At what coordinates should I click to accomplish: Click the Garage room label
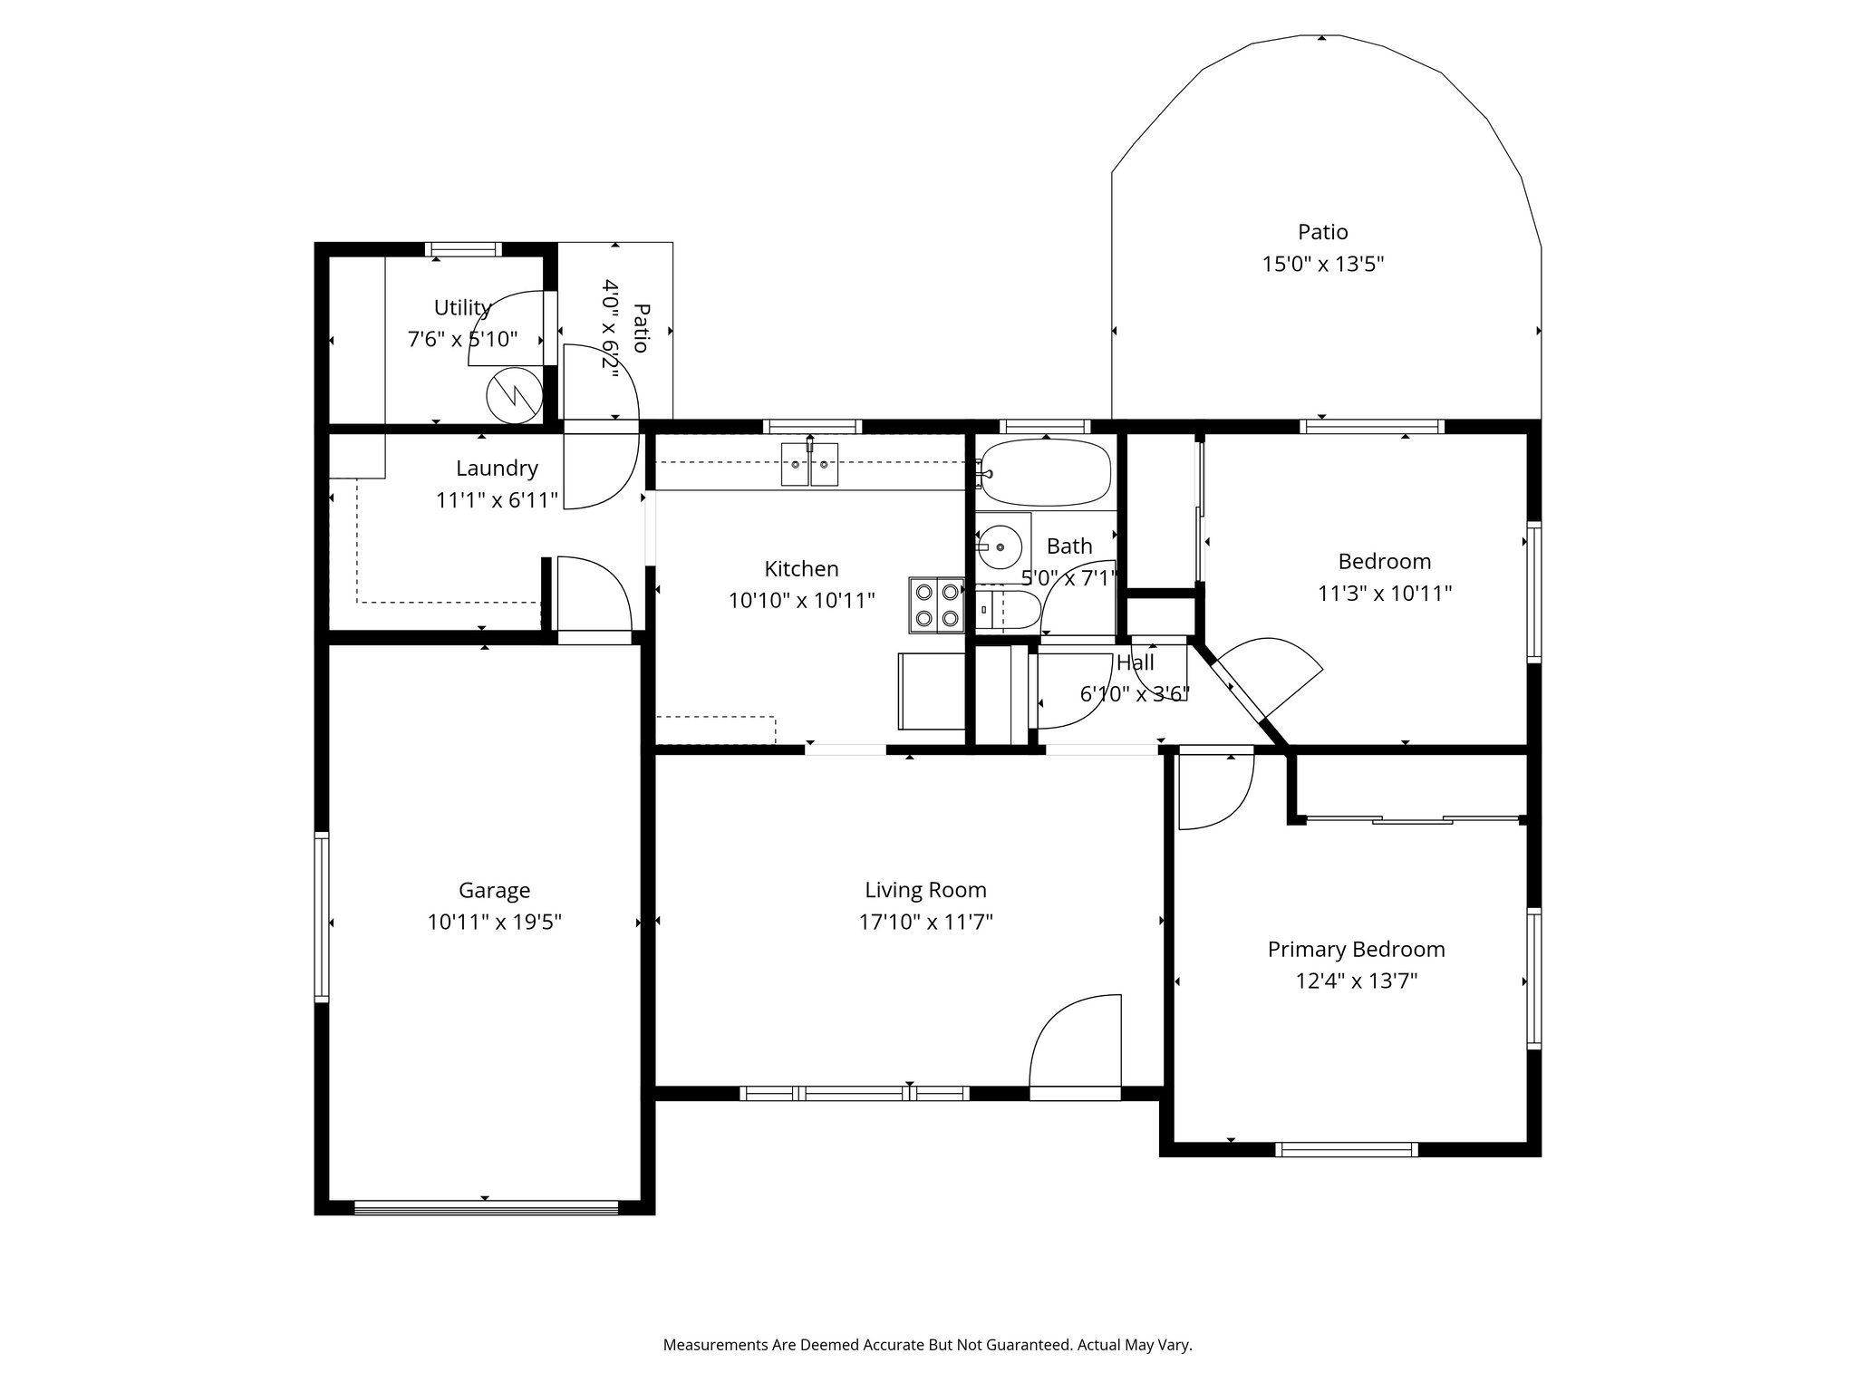(x=494, y=890)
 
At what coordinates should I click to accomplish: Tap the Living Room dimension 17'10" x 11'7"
(x=925, y=923)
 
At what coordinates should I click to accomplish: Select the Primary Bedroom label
(x=1356, y=949)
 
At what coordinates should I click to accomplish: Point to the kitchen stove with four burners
(x=937, y=604)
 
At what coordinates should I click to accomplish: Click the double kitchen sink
(x=810, y=465)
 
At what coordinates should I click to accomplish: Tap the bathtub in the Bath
(x=1046, y=472)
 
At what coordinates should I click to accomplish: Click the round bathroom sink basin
(x=1000, y=546)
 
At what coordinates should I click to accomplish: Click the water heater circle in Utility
(x=514, y=394)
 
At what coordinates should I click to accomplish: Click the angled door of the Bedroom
(x=1269, y=675)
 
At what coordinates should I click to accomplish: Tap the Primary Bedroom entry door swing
(x=1214, y=790)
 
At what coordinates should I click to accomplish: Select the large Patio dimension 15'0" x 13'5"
(x=1323, y=265)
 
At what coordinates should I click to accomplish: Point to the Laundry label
(x=497, y=469)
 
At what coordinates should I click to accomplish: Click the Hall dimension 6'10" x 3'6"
(x=1135, y=694)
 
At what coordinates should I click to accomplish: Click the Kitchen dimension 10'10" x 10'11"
(x=801, y=600)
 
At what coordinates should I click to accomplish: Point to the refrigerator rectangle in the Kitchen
(x=931, y=691)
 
